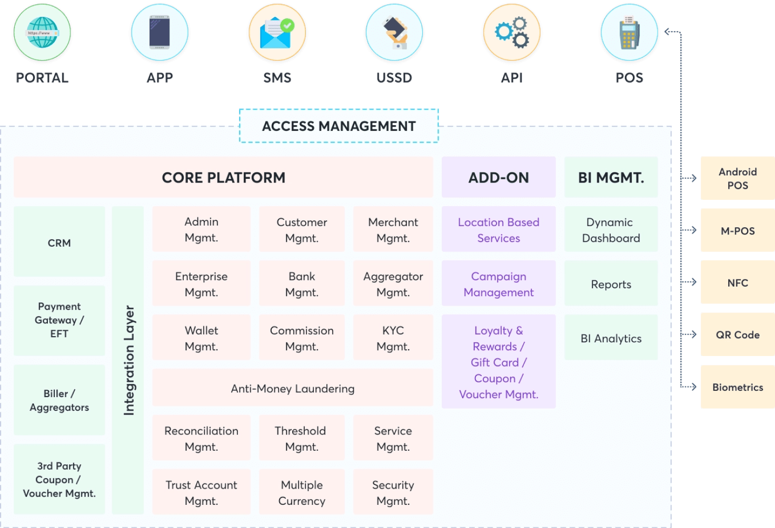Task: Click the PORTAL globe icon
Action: [42, 33]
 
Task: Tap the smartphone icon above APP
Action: [160, 33]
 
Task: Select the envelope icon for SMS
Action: [277, 33]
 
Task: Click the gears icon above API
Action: [512, 33]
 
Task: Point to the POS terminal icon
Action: [629, 33]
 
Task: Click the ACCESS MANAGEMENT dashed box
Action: [339, 126]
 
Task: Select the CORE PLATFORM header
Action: [223, 178]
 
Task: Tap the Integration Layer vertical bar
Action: [128, 360]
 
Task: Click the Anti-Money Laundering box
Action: [292, 389]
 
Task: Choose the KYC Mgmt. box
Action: [393, 338]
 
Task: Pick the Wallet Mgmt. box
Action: [201, 338]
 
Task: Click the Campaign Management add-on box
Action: [499, 284]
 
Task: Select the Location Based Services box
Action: [499, 230]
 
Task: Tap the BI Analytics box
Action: [611, 338]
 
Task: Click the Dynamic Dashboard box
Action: [611, 230]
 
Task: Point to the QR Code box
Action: [737, 335]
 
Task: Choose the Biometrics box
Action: [737, 387]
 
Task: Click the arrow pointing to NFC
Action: [690, 282]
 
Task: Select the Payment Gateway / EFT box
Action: [59, 320]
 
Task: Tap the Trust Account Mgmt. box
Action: [201, 493]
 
